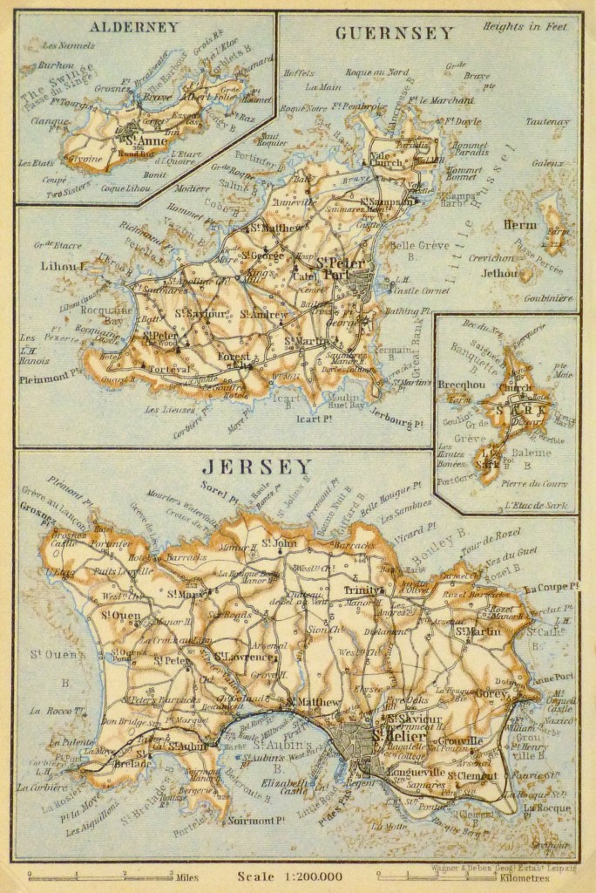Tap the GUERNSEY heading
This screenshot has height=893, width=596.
tap(394, 33)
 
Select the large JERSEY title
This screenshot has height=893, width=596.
tap(256, 467)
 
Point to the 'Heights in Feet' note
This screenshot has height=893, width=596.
tap(527, 26)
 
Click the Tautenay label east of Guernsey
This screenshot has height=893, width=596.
tap(547, 122)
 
